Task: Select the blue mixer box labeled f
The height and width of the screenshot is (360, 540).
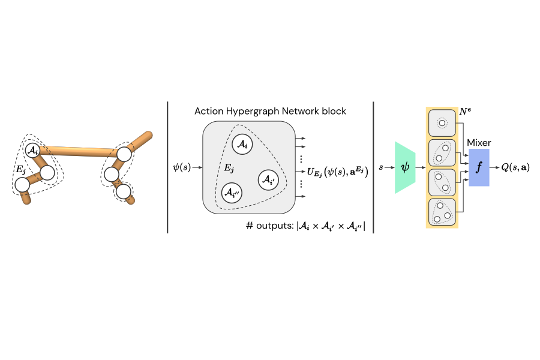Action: tap(479, 167)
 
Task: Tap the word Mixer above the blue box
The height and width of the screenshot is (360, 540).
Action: tap(479, 143)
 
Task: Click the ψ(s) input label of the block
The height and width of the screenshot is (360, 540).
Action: tap(181, 167)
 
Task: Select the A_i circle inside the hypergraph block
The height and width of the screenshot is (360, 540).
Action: tap(242, 144)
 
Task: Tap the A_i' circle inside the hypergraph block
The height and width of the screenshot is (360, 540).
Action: tap(268, 179)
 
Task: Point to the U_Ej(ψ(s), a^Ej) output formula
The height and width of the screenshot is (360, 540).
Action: tap(337, 172)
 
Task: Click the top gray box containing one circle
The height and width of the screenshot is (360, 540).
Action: tap(442, 123)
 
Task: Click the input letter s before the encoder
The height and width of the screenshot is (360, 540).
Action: tap(381, 167)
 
